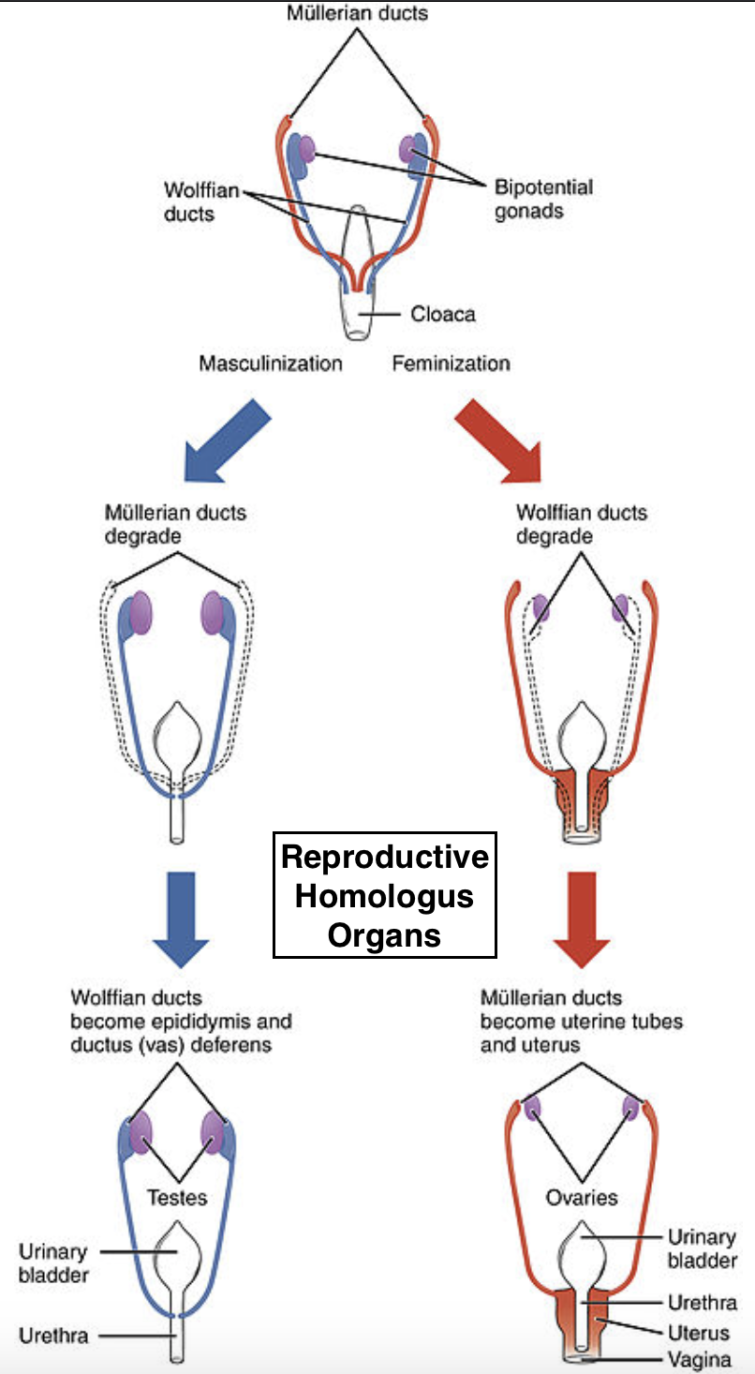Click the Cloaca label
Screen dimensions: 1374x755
[x=442, y=313]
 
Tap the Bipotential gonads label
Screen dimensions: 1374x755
[x=543, y=199]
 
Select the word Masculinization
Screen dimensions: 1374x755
[x=270, y=363]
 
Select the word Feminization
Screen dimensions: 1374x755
[x=451, y=363]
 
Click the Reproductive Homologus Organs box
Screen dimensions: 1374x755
[x=385, y=895]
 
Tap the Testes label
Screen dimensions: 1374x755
[x=176, y=1197]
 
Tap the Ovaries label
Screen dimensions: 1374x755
[x=581, y=1197]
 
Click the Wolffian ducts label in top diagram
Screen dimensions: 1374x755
[x=189, y=202]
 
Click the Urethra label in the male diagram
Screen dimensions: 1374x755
[x=53, y=1335]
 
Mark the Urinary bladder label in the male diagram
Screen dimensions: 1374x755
[x=53, y=1262]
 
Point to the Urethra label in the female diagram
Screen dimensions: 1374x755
[x=702, y=1303]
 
